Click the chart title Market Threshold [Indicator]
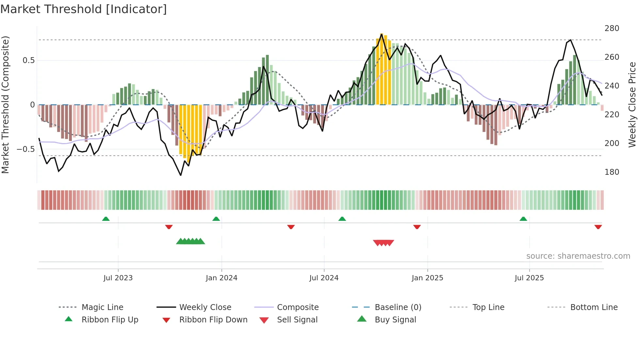point(84,9)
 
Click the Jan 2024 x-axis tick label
point(221,278)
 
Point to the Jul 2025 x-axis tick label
point(529,278)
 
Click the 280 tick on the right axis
point(612,28)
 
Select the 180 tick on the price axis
point(612,172)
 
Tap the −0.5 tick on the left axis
point(26,149)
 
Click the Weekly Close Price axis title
point(632,105)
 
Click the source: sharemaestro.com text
point(578,256)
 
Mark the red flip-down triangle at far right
point(598,227)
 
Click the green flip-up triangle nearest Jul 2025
point(523,219)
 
